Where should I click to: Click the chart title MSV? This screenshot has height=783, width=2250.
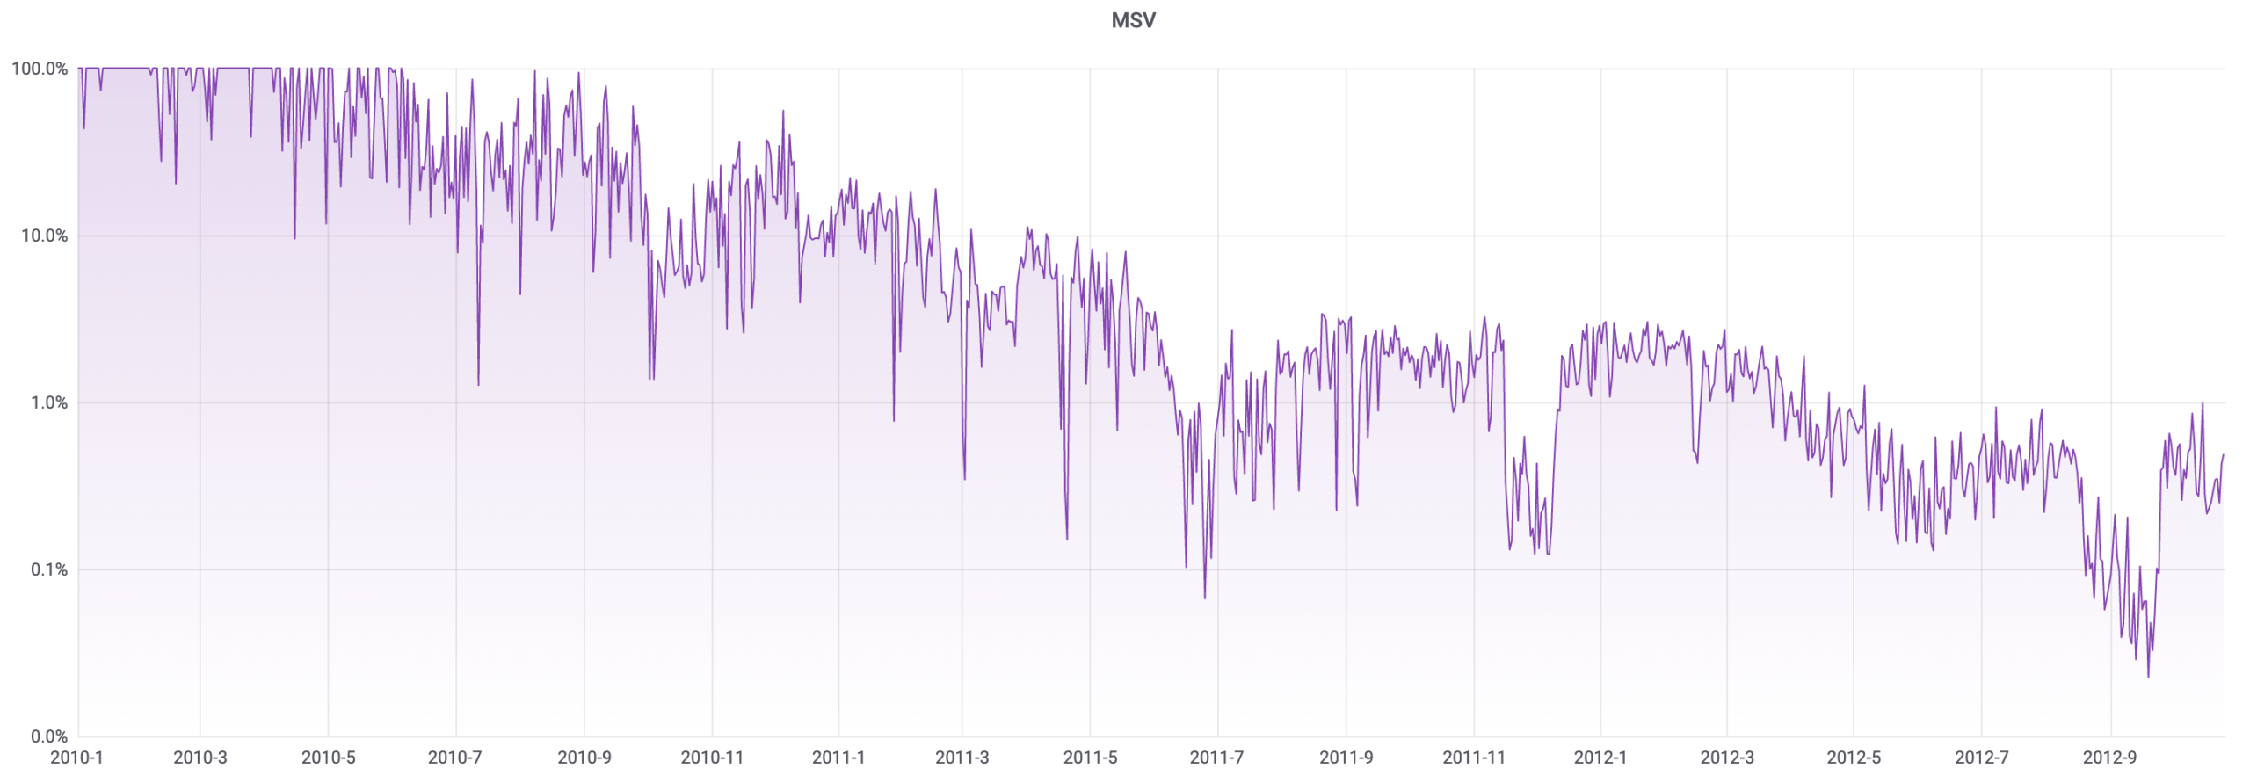tap(1133, 20)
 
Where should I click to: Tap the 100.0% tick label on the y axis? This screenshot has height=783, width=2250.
tap(40, 69)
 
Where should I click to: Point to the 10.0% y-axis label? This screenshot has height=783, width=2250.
tap(44, 236)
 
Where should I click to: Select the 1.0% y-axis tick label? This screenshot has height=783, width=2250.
tap(48, 402)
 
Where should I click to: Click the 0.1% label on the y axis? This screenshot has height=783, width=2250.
tap(48, 569)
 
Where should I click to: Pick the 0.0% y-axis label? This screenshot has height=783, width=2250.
tap(48, 736)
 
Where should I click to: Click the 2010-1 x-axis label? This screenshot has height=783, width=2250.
tap(76, 758)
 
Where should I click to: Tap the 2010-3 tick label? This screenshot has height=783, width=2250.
tap(200, 758)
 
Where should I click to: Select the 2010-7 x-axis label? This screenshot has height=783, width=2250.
tap(454, 758)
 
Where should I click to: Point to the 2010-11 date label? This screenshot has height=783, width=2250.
tap(712, 758)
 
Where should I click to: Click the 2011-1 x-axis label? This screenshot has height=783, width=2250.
tap(838, 758)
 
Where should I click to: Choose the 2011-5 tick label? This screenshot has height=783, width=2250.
tap(1090, 758)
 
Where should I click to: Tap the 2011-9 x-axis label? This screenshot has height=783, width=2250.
tap(1346, 758)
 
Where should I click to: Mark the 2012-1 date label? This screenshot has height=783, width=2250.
tap(1600, 758)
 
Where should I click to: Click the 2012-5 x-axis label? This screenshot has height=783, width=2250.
tap(1854, 758)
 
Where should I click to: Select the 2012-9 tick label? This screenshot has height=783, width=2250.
tap(2109, 758)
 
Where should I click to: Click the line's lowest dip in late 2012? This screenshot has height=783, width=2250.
tap(2148, 677)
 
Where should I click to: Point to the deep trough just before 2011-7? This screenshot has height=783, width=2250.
tap(1204, 598)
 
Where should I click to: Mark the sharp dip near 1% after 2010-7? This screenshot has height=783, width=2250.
tap(478, 384)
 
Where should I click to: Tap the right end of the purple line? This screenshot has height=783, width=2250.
tap(2223, 455)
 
